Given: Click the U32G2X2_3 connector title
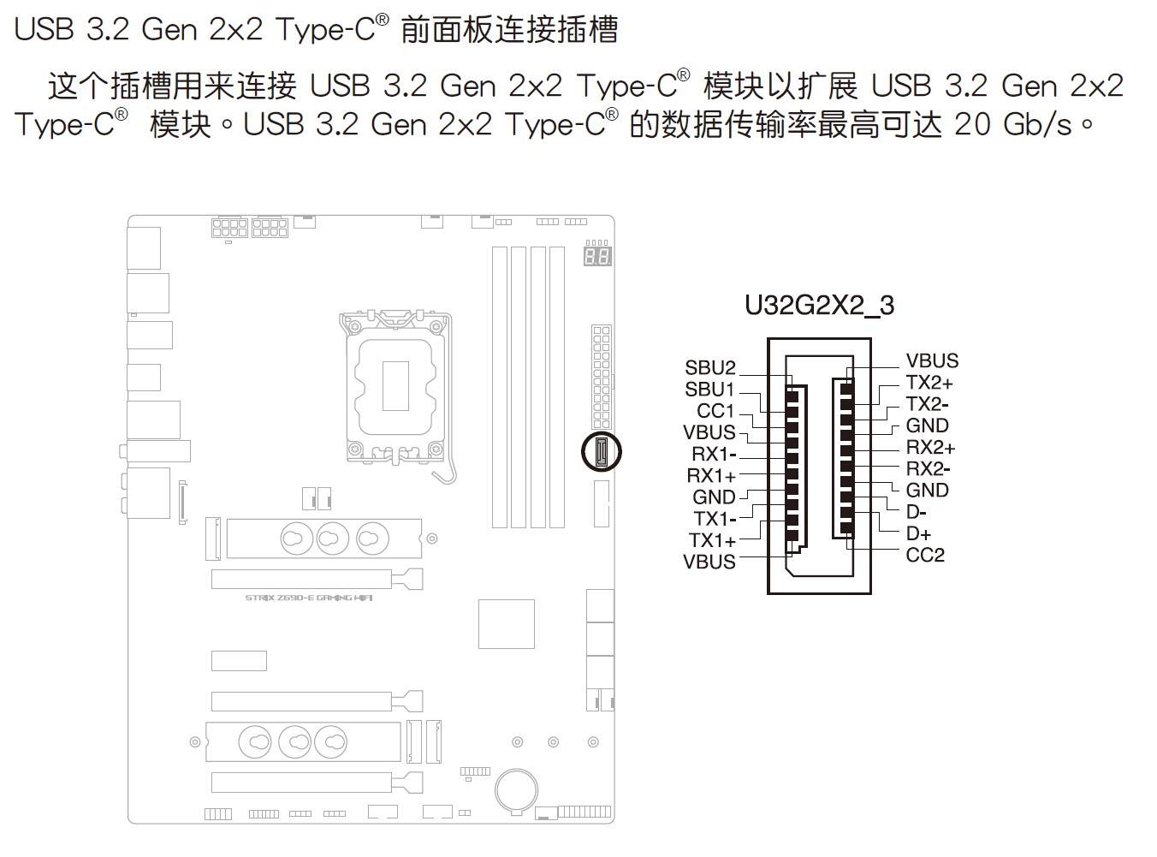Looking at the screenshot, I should pyautogui.click(x=819, y=306).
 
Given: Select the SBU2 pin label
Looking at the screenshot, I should pyautogui.click(x=709, y=368).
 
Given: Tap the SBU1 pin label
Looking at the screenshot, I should pyautogui.click(x=709, y=390).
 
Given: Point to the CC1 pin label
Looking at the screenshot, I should pyautogui.click(x=715, y=411).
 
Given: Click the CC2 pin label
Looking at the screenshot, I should pyautogui.click(x=925, y=555).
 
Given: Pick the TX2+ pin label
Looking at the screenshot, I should pyautogui.click(x=929, y=383).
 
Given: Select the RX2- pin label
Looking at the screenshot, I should pyautogui.click(x=928, y=468).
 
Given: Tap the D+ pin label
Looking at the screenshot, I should pyautogui.click(x=918, y=533).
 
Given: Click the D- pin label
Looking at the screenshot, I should pyautogui.click(x=916, y=512).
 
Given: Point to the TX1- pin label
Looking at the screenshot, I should pyautogui.click(x=714, y=519).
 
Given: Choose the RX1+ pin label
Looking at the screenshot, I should pyautogui.click(x=711, y=476).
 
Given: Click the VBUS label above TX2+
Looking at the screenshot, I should pyautogui.click(x=932, y=361).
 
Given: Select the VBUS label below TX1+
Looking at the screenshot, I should pyautogui.click(x=709, y=562).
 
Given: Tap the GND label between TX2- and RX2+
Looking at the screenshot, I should pyautogui.click(x=927, y=426).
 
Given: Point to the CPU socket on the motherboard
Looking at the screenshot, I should pyautogui.click(x=395, y=385).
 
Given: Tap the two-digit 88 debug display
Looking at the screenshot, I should pyautogui.click(x=597, y=256).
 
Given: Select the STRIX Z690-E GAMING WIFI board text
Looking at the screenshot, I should pyautogui.click(x=309, y=598).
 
